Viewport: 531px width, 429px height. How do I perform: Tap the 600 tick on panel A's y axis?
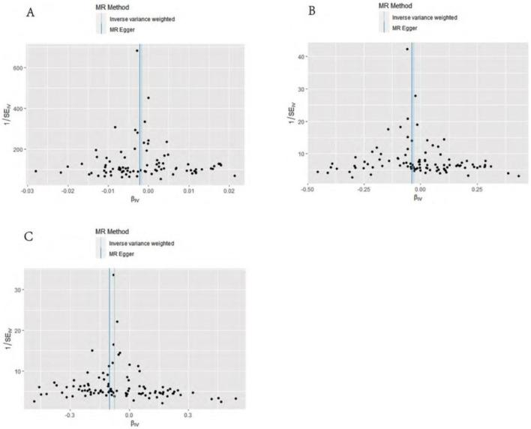click(x=17, y=68)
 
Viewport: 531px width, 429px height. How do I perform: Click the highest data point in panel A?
click(x=137, y=51)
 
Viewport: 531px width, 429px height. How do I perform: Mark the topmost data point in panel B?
click(x=407, y=49)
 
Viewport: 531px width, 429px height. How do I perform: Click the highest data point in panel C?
click(x=113, y=275)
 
